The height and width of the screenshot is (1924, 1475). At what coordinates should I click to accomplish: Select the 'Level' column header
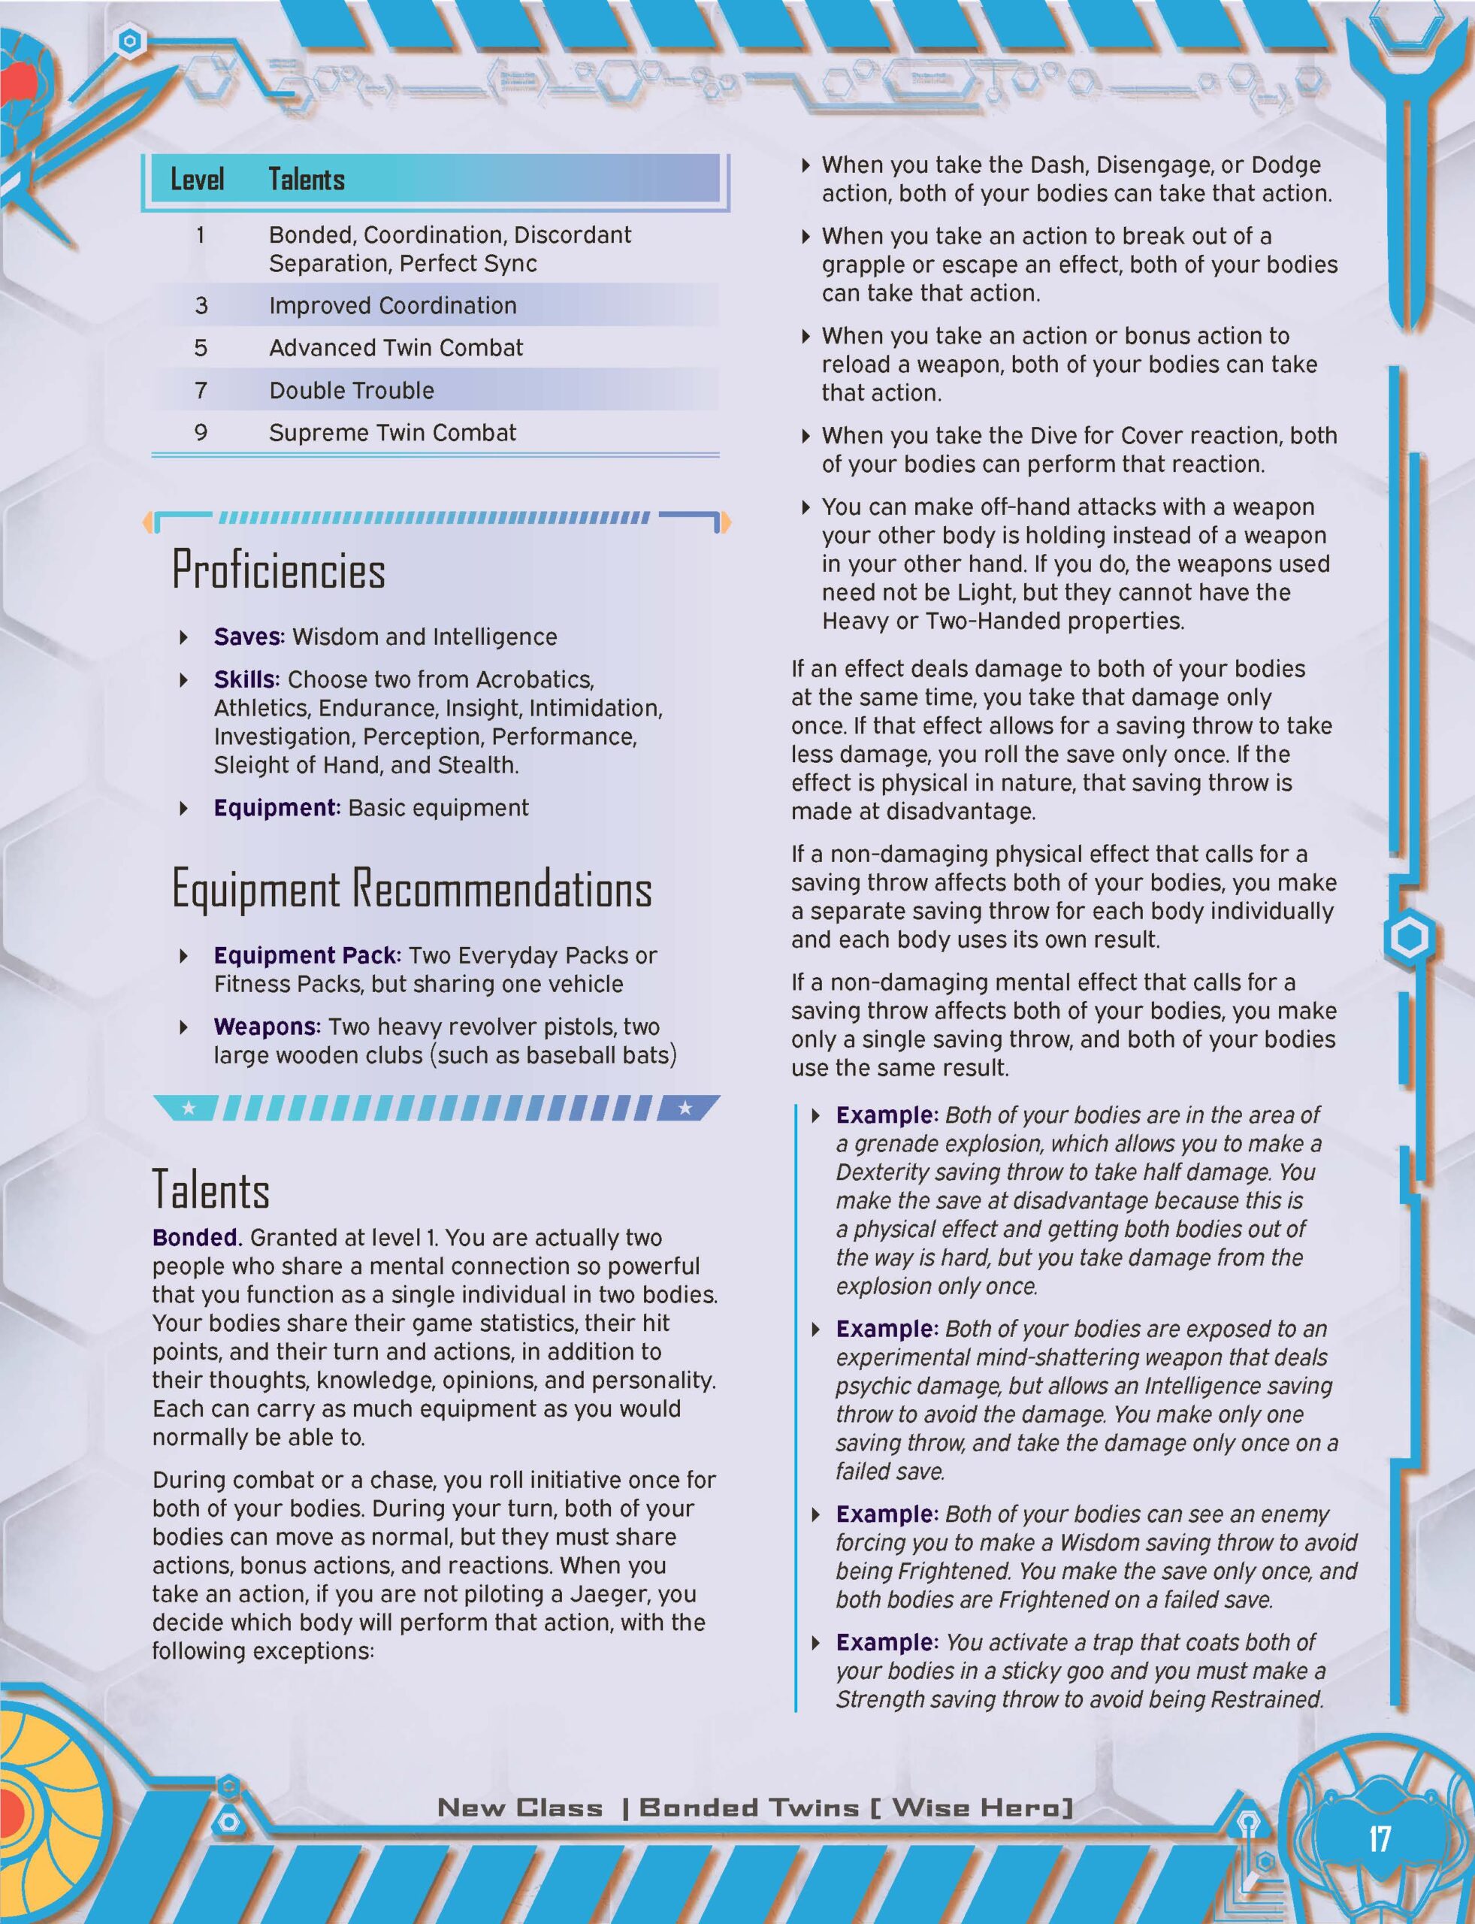coord(197,180)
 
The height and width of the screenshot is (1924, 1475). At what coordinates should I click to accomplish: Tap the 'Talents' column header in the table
coord(307,180)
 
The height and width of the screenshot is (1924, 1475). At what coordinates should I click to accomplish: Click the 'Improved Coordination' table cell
coord(392,306)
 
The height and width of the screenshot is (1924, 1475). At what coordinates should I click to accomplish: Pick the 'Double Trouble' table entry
coord(351,390)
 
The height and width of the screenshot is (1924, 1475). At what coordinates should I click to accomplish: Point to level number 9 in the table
coord(201,432)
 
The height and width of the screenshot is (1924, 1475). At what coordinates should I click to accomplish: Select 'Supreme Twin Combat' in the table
coord(392,432)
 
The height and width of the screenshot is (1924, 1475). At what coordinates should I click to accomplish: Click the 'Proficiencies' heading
coord(278,570)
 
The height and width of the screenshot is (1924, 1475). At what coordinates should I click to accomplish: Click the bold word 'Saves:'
coord(249,637)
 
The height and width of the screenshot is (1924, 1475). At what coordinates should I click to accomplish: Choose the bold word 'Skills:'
coord(246,679)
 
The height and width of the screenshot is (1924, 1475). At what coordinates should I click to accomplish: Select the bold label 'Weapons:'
coord(267,1027)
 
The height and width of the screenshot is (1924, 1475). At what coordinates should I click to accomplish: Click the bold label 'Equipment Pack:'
coord(307,955)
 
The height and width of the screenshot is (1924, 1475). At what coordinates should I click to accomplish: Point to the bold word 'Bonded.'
coord(197,1237)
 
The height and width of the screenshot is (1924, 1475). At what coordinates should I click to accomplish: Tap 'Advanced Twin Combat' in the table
coord(396,348)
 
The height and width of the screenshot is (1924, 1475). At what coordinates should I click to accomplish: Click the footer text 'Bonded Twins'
coord(749,1808)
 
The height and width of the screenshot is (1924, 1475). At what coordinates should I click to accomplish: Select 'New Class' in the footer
coord(520,1808)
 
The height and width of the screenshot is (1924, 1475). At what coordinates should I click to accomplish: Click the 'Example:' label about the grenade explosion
coord(887,1115)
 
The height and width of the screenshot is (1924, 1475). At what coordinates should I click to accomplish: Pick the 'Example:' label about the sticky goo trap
coord(887,1642)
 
